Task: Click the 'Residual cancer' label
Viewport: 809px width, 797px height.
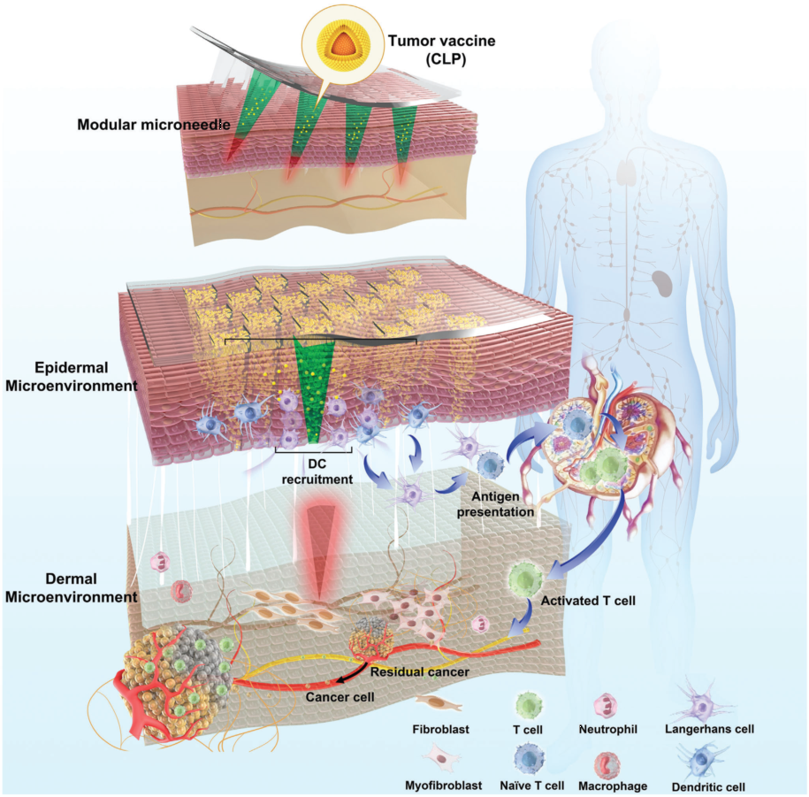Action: (419, 671)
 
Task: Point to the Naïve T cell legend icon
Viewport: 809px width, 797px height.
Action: (528, 758)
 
